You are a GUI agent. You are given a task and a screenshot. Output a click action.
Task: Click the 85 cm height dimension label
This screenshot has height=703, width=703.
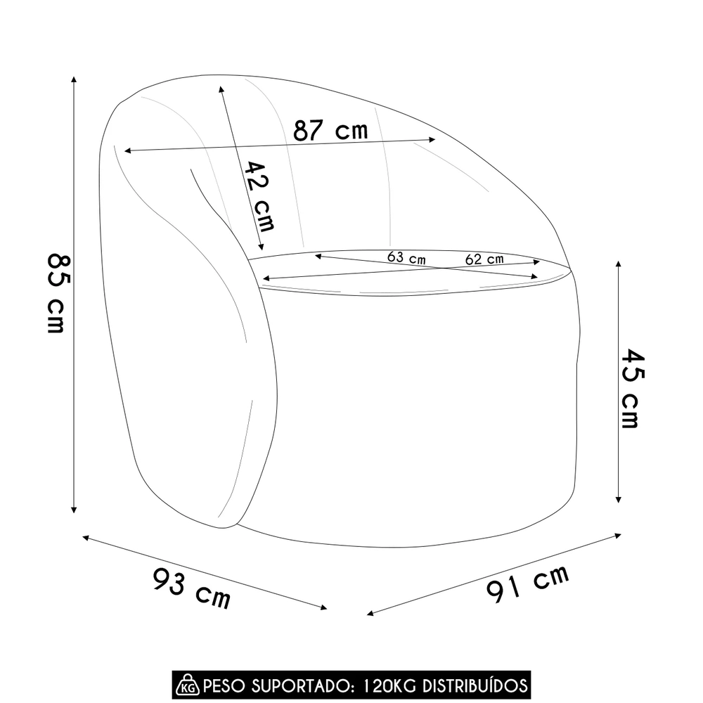coord(56,292)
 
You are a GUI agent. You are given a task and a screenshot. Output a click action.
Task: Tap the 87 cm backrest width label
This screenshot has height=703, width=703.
coord(330,130)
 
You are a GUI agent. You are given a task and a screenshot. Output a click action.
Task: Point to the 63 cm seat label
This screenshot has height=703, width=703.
coord(406,257)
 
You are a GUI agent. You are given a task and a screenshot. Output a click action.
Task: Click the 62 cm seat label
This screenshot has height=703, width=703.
coord(484,259)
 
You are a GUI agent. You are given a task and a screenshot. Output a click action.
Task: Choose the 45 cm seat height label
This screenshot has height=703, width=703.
coord(628,388)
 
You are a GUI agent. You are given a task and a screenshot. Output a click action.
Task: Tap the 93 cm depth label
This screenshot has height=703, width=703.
coord(191,589)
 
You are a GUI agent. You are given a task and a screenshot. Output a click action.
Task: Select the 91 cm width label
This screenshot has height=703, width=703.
coord(527,586)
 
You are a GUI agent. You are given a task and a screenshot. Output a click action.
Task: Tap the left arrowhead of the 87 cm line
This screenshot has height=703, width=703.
coord(127,150)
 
